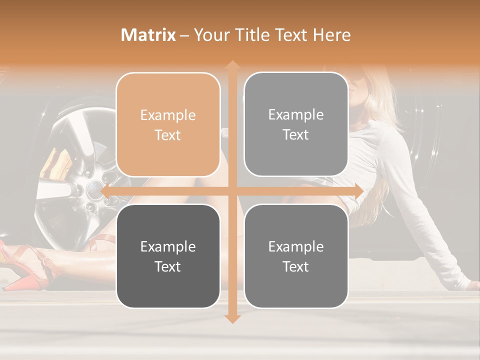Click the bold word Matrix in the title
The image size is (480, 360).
148,35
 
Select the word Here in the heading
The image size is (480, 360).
332,35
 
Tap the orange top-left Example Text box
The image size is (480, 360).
168,125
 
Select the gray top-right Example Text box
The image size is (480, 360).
296,124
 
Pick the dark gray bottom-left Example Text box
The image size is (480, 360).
168,256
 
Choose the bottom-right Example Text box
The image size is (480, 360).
296,256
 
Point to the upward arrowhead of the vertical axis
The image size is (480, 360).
232,65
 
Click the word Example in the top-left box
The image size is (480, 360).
168,115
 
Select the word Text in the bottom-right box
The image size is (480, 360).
296,266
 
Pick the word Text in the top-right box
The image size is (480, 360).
296,135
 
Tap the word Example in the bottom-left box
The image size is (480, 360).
168,246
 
